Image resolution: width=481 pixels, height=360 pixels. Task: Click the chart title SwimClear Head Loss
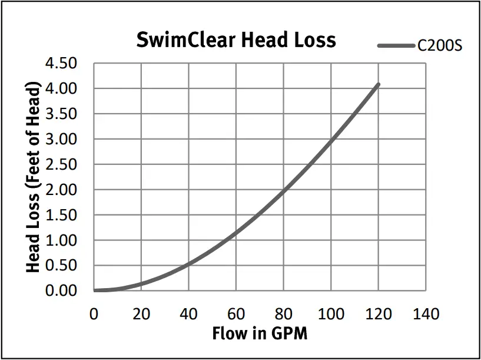click(x=235, y=39)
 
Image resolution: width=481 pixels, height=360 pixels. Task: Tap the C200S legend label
click(x=439, y=45)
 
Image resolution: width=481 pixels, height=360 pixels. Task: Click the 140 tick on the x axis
click(x=426, y=313)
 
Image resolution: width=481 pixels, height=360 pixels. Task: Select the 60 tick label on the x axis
click(x=236, y=313)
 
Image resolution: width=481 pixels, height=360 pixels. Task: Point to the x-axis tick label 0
click(x=94, y=313)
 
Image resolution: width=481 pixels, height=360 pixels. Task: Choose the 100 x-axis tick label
click(x=331, y=313)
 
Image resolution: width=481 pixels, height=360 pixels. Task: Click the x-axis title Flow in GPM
click(x=260, y=333)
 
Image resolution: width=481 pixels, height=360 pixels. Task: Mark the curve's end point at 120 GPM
click(x=378, y=84)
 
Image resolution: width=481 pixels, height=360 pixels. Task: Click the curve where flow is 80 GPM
click(x=283, y=190)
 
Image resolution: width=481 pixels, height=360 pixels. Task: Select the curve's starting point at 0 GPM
click(x=94, y=290)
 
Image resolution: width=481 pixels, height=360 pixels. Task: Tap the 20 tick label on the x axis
click(x=141, y=313)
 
